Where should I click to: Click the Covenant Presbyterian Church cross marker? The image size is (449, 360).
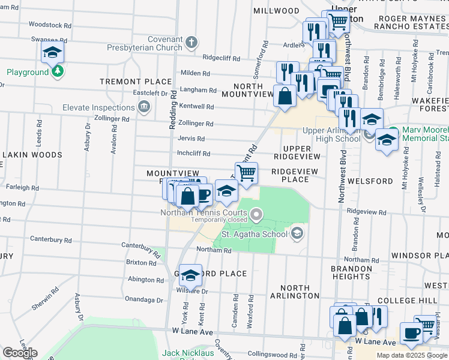pos(191,43)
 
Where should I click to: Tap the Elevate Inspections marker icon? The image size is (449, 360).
pos(143,107)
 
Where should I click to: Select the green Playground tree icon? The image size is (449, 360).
pos(57,72)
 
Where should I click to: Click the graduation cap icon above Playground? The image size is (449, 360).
pos(53,52)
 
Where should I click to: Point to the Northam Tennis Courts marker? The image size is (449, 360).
pos(257,214)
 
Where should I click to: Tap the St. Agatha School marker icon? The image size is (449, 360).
pos(297,234)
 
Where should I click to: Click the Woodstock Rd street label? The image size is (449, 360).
pos(50,26)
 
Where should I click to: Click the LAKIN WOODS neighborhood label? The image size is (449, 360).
pos(32,155)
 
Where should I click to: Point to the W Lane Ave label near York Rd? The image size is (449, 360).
pos(193,331)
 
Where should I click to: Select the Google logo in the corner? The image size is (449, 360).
pos(19,353)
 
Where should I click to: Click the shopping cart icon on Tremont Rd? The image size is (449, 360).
pos(246,173)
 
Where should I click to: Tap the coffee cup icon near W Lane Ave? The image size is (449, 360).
pos(411,333)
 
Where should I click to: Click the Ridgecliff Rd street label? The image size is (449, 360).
pos(221,59)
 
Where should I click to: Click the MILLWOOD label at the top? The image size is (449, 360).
pos(276,11)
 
